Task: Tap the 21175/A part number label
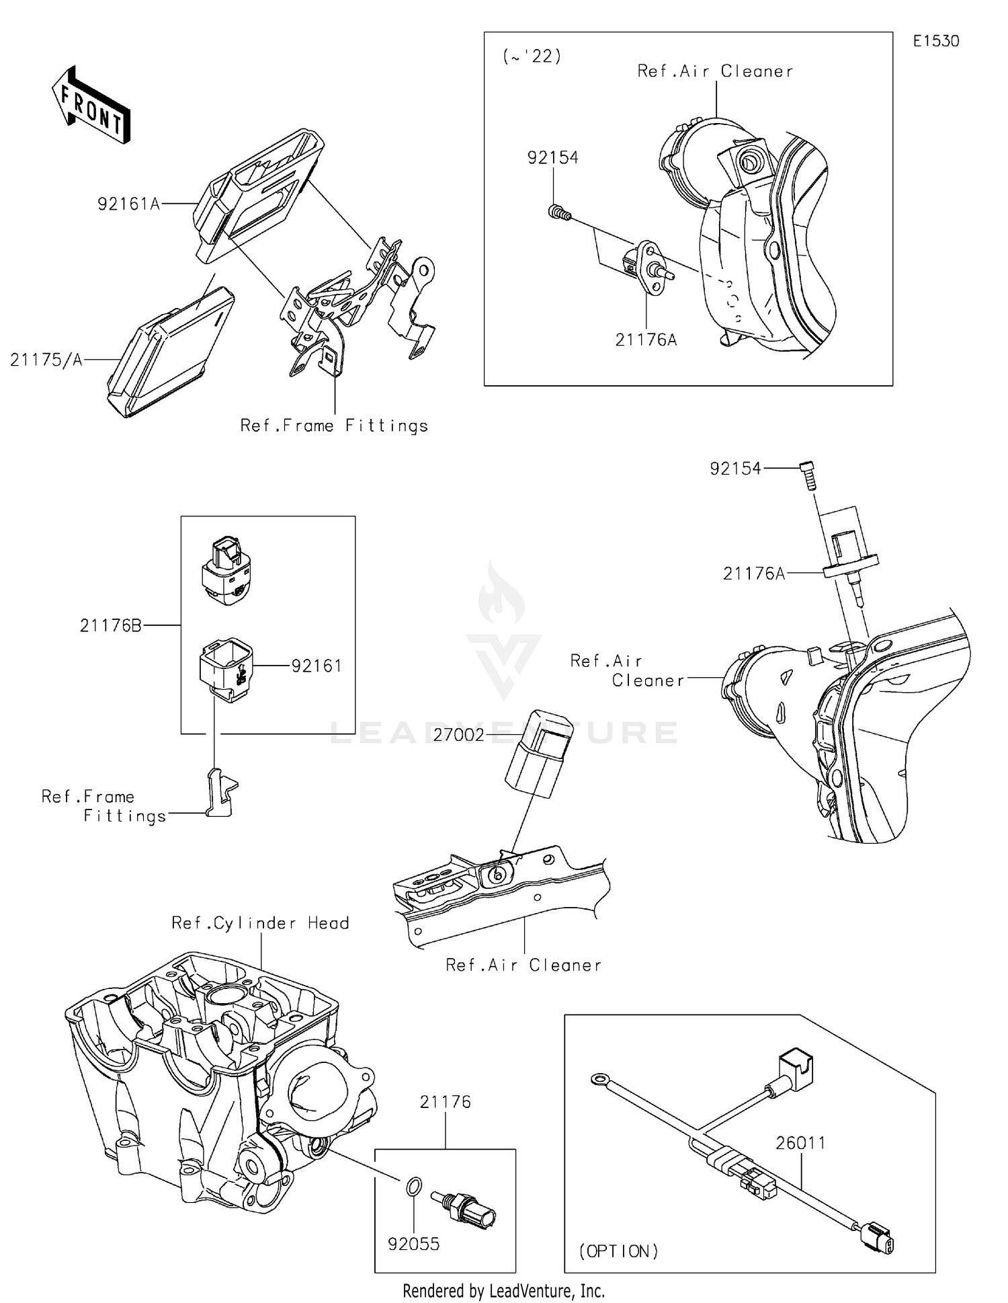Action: point(46,360)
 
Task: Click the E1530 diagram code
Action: point(935,41)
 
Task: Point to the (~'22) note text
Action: point(532,56)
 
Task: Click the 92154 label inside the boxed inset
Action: point(552,157)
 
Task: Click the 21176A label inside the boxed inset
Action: point(646,340)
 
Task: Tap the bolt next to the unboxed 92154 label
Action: point(808,476)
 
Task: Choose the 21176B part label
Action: point(111,626)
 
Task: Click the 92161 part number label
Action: point(317,666)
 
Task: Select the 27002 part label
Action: point(458,735)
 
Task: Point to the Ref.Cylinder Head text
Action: point(260,923)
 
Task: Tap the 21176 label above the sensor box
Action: point(445,1102)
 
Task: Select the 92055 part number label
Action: point(414,1244)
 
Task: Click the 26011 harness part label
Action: point(800,1143)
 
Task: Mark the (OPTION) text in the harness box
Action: point(618,1251)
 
